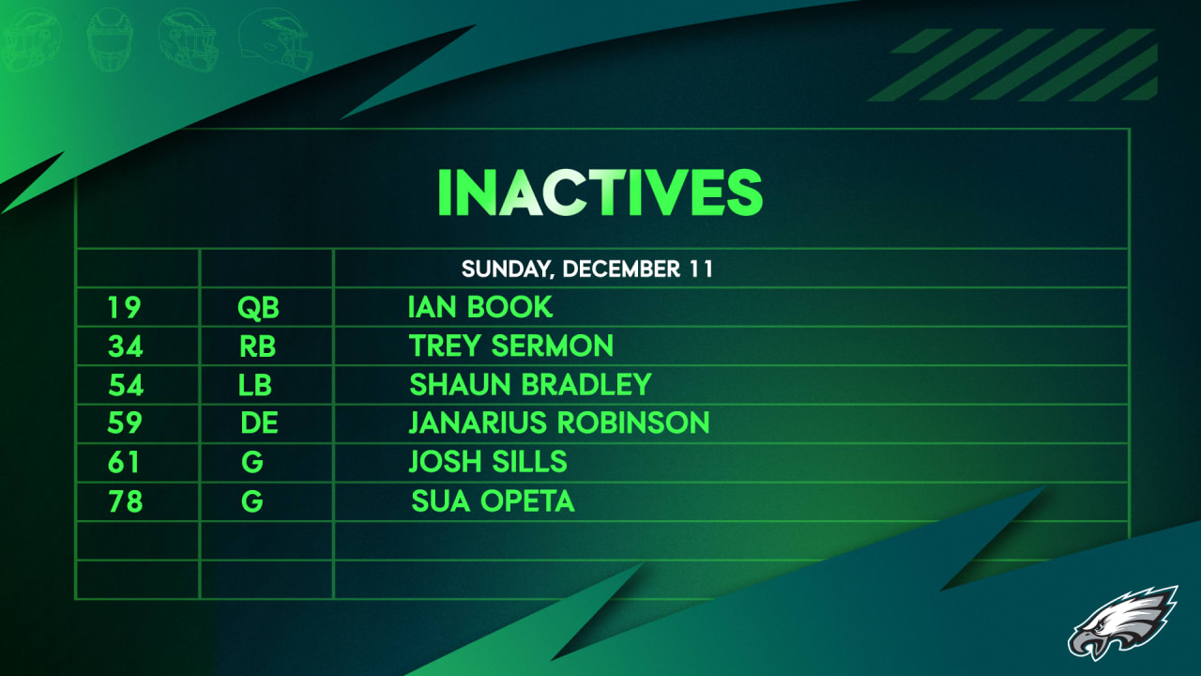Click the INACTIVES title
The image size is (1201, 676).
600,192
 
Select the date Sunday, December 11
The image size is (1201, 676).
587,269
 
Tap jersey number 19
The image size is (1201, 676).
124,307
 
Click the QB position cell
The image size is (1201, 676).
259,307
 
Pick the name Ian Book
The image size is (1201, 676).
480,307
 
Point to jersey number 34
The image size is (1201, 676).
125,346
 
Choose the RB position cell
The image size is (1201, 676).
258,346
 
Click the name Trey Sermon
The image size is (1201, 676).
511,346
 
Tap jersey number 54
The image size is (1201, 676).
125,385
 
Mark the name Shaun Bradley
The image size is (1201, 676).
530,385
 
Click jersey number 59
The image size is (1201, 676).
125,423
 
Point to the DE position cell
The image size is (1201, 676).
259,423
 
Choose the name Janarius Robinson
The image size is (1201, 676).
559,423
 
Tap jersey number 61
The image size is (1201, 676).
124,462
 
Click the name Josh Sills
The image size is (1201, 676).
488,462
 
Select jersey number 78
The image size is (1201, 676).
125,501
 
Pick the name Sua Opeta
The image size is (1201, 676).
493,501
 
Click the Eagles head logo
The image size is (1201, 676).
1122,622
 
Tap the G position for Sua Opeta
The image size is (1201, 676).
251,501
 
